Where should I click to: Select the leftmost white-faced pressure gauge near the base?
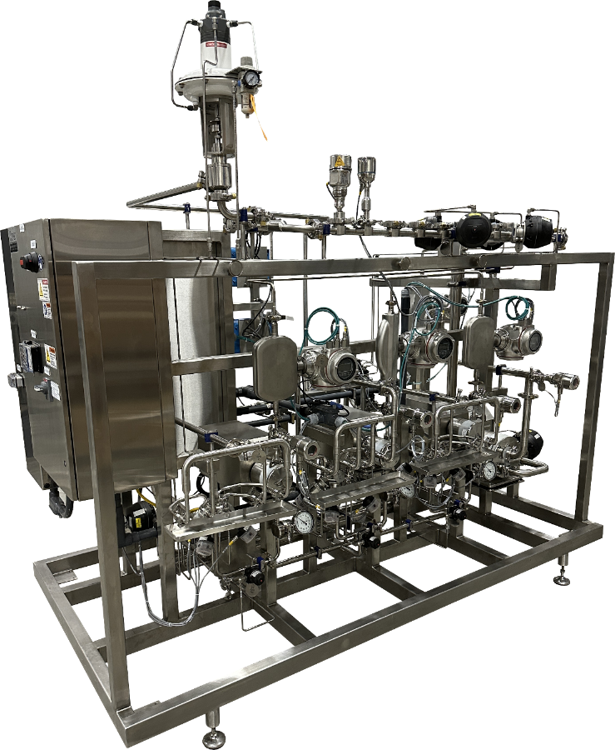[304, 522]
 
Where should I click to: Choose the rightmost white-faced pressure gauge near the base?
[489, 471]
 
